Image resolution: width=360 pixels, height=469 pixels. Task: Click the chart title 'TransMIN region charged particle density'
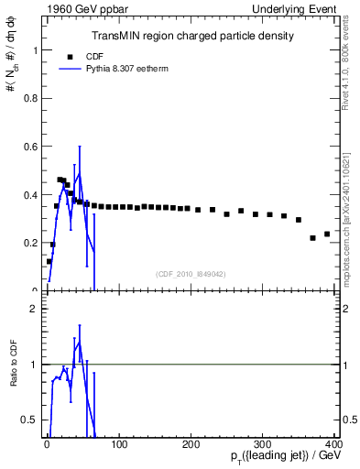(192, 36)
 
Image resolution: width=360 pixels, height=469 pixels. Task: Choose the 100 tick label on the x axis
(119, 444)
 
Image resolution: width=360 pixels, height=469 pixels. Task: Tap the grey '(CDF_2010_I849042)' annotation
(191, 273)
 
